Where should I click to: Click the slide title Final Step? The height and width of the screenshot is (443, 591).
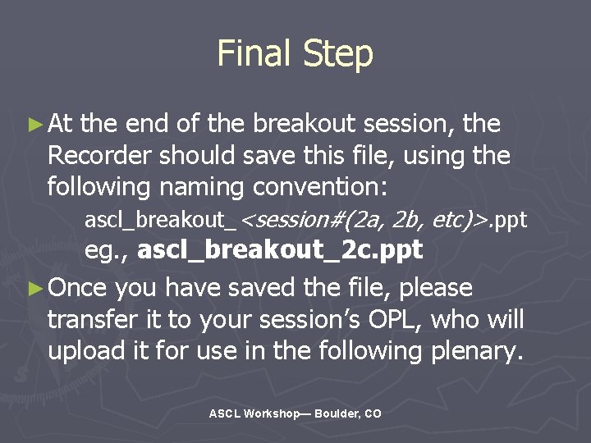pos(295,54)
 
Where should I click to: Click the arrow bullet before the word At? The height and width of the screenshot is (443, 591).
pos(34,126)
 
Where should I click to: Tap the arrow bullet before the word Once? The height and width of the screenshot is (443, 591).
pos(34,289)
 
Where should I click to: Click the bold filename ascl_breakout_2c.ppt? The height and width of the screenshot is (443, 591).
pos(280,250)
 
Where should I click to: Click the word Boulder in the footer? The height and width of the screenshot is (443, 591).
pos(335,414)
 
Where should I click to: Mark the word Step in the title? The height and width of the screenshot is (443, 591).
pos(337,54)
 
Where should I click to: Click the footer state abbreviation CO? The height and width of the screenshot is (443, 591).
pos(373,414)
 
